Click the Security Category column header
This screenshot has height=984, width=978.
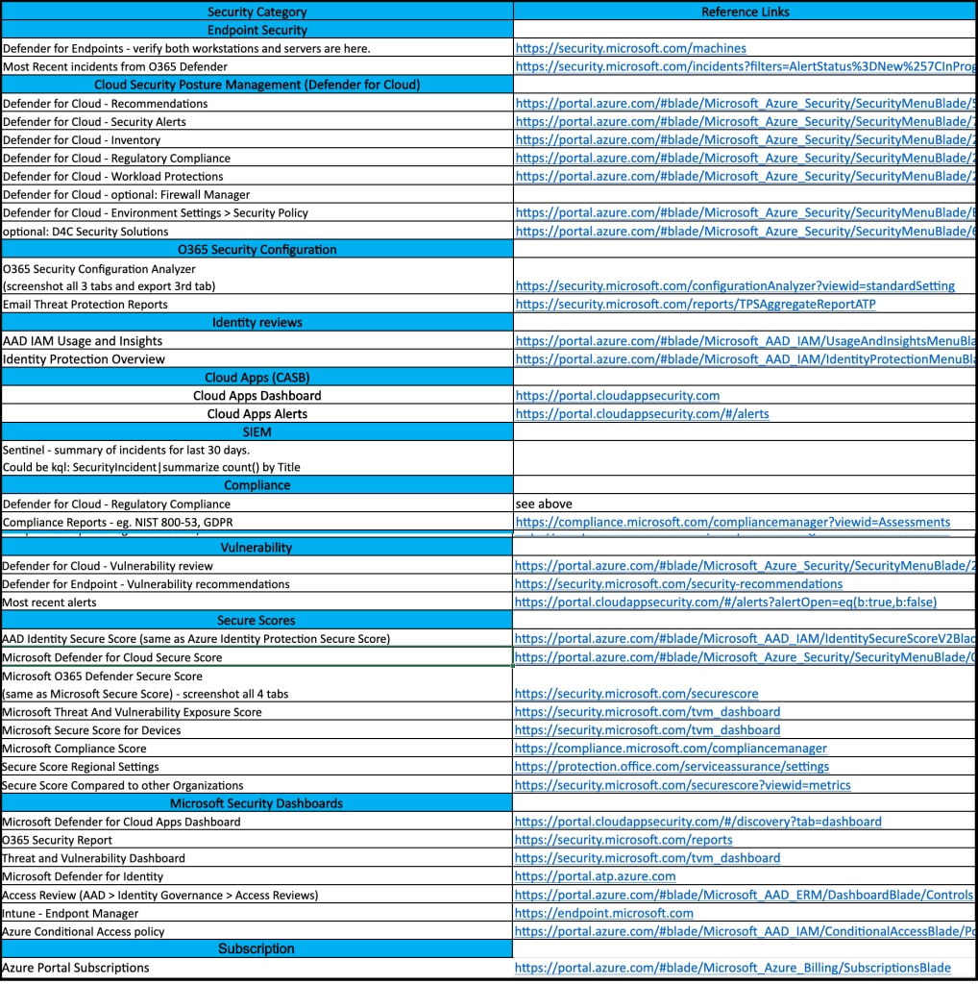coord(257,12)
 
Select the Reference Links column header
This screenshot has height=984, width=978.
coord(745,12)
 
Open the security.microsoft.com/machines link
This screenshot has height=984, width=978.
coord(630,48)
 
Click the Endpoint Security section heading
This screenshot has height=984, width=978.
coord(257,30)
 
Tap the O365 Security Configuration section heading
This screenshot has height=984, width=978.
coord(257,250)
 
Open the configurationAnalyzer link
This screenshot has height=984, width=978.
coord(735,285)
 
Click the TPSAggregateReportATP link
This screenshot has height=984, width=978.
coord(696,305)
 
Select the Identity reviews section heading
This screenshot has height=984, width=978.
coord(257,323)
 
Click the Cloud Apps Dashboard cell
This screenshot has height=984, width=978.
coord(257,396)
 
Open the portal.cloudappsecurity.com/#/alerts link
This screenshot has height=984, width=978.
coord(642,414)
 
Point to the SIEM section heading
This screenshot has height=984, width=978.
coord(257,432)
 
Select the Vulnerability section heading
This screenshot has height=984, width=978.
coord(257,548)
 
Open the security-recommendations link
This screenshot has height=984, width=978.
coord(678,584)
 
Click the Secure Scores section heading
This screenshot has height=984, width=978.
coord(257,621)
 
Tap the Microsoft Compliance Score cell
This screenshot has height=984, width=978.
coord(75,749)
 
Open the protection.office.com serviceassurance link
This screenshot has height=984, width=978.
coord(672,767)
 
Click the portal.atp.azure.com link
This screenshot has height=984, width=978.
coord(595,876)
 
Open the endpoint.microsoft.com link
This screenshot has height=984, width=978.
coord(603,913)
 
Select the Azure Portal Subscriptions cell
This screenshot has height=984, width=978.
coord(76,968)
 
